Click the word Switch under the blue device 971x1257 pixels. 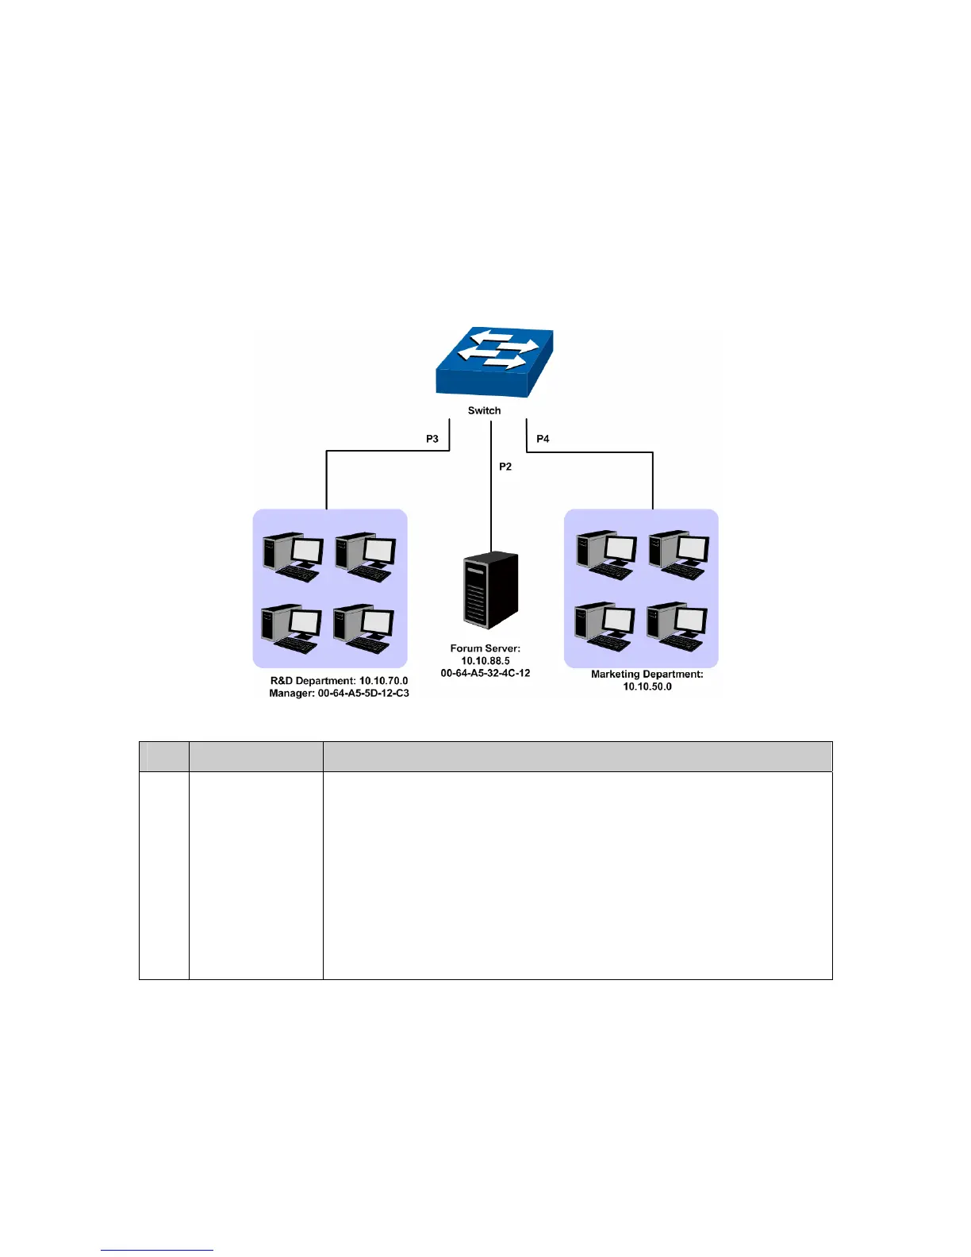click(484, 410)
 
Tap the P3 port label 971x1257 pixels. click(432, 439)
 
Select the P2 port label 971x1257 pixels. click(505, 467)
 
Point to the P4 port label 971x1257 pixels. click(543, 439)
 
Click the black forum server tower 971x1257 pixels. click(490, 590)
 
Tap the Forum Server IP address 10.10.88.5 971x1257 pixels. click(485, 661)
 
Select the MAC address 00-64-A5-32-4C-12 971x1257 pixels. click(485, 673)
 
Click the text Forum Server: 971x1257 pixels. click(485, 648)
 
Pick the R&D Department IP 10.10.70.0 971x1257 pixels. click(384, 681)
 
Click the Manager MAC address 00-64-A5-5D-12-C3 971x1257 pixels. click(363, 694)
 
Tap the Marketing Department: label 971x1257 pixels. click(647, 675)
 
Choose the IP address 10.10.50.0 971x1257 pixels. click(647, 686)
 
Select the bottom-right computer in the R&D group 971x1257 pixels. click(364, 629)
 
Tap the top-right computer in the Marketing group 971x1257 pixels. click(678, 555)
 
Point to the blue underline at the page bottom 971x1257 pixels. click(157, 1250)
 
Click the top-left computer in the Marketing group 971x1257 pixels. click(607, 555)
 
